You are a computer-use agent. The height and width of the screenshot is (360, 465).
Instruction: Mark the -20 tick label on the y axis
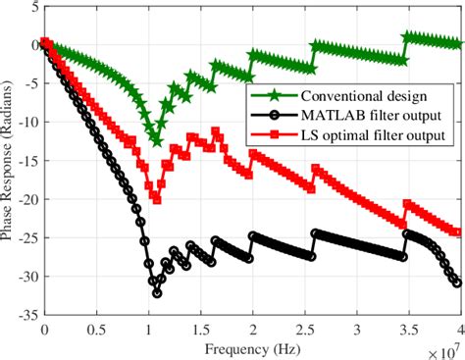tap(26, 199)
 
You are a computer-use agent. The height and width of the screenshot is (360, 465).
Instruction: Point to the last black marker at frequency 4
tap(458, 283)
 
